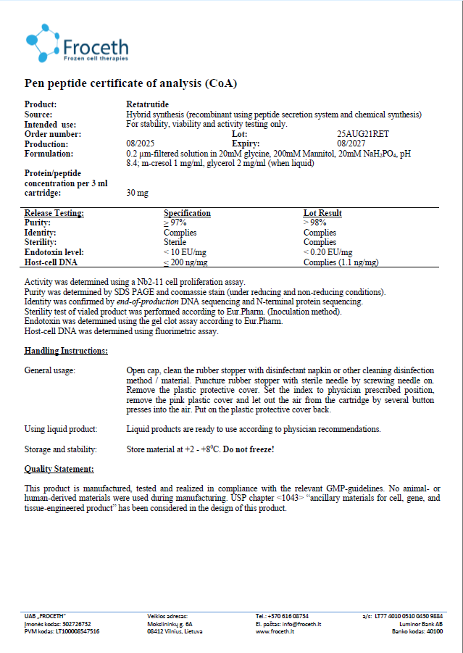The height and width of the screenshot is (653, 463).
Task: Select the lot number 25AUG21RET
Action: point(363,134)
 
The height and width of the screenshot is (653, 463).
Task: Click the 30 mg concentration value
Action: point(136,193)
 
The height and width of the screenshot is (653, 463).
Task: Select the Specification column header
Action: point(187,213)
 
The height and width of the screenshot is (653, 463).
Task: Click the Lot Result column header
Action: point(322,213)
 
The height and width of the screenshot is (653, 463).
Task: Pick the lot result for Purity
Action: point(314,222)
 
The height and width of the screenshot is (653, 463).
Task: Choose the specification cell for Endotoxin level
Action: point(185,252)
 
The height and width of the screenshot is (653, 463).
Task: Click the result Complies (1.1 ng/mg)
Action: point(341,262)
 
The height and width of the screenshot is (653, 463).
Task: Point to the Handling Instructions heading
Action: point(66,351)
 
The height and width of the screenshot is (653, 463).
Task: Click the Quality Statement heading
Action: point(59,469)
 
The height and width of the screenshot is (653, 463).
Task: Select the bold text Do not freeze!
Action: point(249,449)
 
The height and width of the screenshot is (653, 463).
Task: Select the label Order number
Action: point(53,134)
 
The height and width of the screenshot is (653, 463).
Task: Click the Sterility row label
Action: point(41,242)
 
